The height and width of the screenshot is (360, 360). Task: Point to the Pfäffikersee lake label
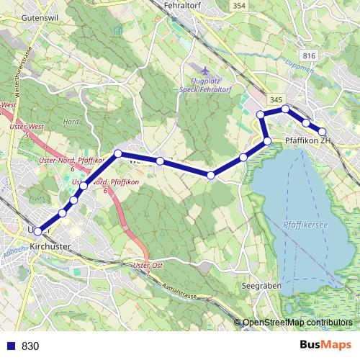305,225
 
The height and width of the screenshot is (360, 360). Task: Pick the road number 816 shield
310,56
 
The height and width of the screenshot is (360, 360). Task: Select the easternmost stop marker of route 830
323,132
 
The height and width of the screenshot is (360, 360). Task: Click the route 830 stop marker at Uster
38,231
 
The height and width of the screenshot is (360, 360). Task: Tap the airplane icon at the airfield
205,71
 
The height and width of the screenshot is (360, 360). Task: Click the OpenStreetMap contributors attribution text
297,323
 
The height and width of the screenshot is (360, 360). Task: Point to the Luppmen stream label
330,73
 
